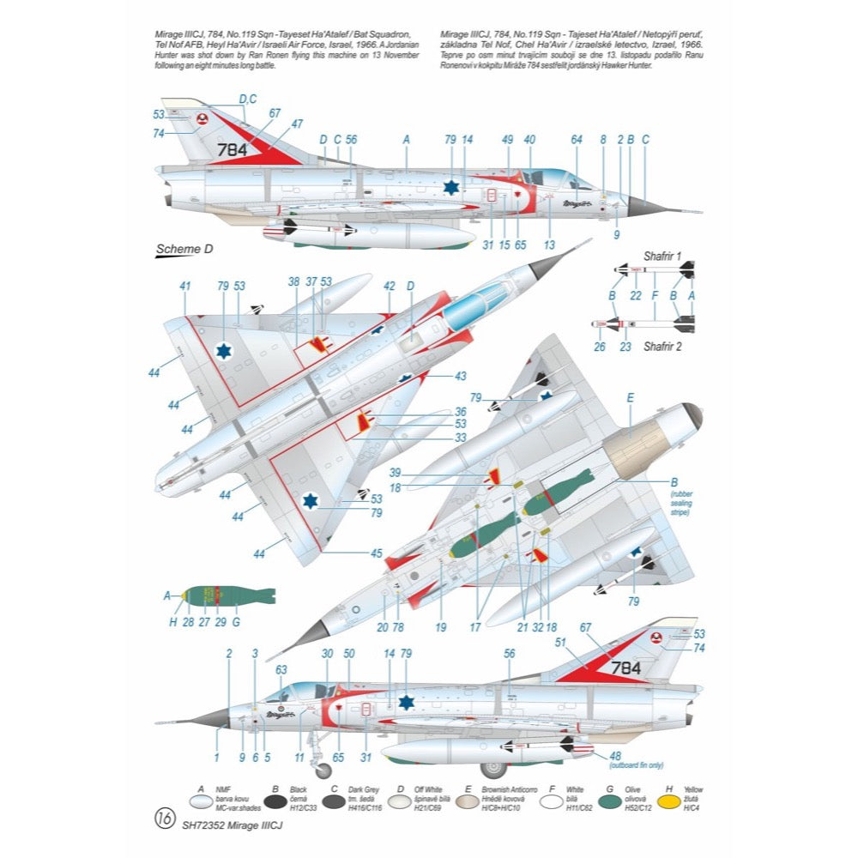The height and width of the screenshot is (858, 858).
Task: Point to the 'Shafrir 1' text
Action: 662,257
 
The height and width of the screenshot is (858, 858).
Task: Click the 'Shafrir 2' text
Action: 662,347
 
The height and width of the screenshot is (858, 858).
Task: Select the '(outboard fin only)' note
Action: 631,764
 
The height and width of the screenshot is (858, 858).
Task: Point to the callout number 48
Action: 615,755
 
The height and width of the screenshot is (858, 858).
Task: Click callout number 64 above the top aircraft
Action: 576,139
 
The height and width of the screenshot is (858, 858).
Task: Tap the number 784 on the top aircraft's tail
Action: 232,149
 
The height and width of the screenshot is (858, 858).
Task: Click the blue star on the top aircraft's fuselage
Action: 451,188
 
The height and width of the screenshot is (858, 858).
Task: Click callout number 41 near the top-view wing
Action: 184,286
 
